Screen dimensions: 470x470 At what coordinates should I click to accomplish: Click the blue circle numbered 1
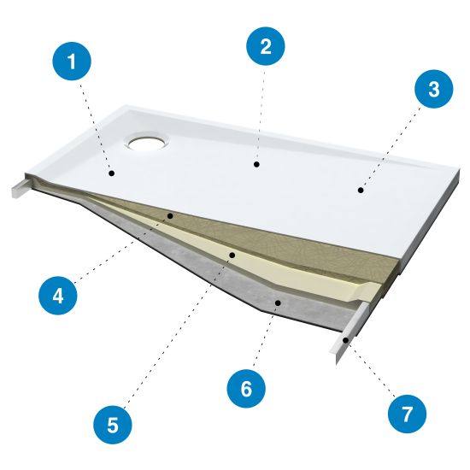click(x=72, y=62)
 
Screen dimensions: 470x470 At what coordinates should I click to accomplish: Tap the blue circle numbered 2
click(x=266, y=46)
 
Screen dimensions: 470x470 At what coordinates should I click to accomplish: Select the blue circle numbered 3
click(x=434, y=89)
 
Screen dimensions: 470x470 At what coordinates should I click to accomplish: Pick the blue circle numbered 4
click(x=58, y=296)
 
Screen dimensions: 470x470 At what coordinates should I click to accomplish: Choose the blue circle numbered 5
click(x=113, y=425)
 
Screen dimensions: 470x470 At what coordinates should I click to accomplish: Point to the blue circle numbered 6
click(x=246, y=389)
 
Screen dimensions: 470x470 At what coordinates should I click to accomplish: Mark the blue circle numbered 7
click(x=407, y=414)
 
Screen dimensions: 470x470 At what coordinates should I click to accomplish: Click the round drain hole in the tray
click(x=148, y=141)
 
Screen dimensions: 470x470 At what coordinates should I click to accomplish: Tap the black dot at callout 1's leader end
click(x=112, y=173)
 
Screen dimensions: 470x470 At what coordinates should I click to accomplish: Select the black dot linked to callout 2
click(x=256, y=164)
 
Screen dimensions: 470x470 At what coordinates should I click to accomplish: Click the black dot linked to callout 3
click(x=361, y=190)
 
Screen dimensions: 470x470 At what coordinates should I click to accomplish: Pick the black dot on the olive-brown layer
click(x=170, y=215)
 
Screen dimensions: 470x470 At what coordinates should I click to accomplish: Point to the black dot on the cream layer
click(x=232, y=256)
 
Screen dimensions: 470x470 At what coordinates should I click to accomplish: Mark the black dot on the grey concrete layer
click(x=278, y=303)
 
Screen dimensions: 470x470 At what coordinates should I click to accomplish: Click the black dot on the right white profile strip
click(x=345, y=340)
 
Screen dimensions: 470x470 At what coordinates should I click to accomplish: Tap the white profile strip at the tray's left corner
click(x=21, y=188)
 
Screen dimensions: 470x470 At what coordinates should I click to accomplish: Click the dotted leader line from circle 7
click(x=371, y=367)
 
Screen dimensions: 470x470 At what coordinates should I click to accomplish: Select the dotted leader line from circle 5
click(x=179, y=331)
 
